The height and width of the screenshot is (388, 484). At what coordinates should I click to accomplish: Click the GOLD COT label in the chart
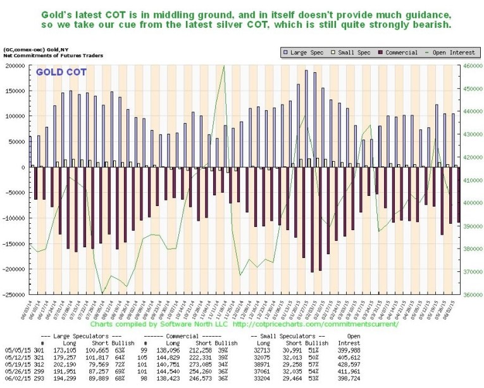pos(60,72)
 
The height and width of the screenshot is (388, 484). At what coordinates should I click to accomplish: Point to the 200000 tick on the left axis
pos(15,65)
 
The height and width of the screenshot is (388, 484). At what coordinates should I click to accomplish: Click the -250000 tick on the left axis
pos(14,294)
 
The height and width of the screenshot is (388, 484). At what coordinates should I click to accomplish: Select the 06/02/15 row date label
pos(15,378)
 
